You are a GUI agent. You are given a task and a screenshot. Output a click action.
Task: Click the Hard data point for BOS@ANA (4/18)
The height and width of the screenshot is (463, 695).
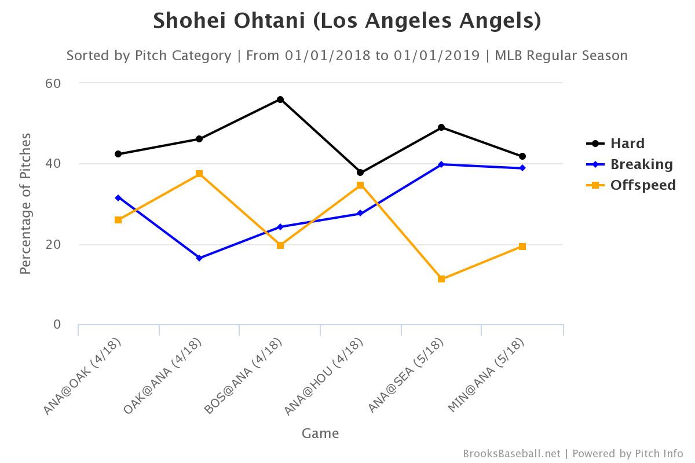pyautogui.click(x=280, y=100)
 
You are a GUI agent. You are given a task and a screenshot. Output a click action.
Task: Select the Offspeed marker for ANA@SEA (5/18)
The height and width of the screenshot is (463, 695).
pyautogui.click(x=441, y=279)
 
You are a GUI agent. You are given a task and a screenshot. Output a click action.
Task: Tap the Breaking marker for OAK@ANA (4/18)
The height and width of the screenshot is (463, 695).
pyautogui.click(x=199, y=258)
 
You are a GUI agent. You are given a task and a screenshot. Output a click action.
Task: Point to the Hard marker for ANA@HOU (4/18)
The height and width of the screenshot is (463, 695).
pyautogui.click(x=360, y=172)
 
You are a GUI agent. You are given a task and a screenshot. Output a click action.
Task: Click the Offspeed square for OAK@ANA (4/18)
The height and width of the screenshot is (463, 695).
pyautogui.click(x=199, y=174)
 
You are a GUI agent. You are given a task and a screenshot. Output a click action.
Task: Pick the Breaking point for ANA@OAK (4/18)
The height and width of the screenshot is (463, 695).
pyautogui.click(x=118, y=198)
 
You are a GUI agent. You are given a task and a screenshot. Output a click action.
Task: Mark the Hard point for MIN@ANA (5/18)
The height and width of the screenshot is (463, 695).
pyautogui.click(x=522, y=156)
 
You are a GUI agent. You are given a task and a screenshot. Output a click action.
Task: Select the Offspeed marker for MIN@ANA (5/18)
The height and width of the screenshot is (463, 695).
pyautogui.click(x=522, y=247)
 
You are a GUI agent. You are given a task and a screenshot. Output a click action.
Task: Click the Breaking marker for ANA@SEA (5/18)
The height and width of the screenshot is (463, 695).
pyautogui.click(x=441, y=164)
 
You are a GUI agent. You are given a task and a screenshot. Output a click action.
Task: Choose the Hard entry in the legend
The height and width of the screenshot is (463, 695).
pyautogui.click(x=627, y=144)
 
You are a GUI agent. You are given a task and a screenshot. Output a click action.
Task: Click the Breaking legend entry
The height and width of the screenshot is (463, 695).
pyautogui.click(x=641, y=164)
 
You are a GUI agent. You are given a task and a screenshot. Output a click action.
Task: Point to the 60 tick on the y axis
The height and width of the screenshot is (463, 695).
pyautogui.click(x=53, y=83)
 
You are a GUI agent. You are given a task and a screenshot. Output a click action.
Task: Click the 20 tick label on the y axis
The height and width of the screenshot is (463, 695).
pyautogui.click(x=53, y=244)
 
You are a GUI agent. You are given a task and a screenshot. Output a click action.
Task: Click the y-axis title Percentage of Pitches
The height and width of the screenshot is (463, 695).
pyautogui.click(x=25, y=204)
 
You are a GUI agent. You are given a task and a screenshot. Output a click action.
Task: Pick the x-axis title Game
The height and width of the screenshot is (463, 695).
pyautogui.click(x=320, y=433)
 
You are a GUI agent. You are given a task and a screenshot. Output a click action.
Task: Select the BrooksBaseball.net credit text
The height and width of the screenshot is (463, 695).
pyautogui.click(x=511, y=454)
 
